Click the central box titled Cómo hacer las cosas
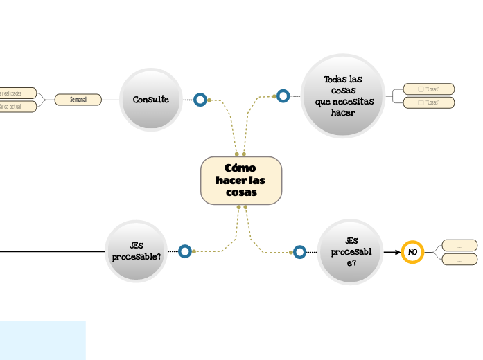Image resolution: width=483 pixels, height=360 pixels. (241, 181)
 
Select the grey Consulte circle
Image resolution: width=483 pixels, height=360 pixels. (151, 100)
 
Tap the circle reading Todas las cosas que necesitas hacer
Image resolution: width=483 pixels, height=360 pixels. (343, 96)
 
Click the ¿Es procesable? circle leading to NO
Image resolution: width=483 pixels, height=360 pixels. (351, 251)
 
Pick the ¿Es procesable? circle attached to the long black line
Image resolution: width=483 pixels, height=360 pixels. (137, 251)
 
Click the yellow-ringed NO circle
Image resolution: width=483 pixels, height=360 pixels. (412, 252)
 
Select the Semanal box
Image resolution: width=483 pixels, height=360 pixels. (78, 100)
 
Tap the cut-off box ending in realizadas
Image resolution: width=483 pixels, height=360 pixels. (17, 93)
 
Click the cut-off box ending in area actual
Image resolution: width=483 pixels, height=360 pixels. (17, 107)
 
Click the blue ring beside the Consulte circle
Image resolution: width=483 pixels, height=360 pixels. (200, 100)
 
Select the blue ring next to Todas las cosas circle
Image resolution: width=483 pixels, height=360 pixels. (283, 96)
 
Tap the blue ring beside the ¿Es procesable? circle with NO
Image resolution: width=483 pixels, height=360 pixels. (299, 252)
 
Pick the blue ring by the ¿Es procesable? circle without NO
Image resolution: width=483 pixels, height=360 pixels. (185, 251)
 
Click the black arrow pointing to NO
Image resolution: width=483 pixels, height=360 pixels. (392, 252)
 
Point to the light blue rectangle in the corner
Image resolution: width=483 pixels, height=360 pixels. (42, 340)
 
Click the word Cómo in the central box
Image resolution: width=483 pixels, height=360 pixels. (240, 168)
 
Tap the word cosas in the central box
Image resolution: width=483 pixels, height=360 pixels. (241, 192)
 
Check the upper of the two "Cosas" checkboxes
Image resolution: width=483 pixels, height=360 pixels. (421, 89)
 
